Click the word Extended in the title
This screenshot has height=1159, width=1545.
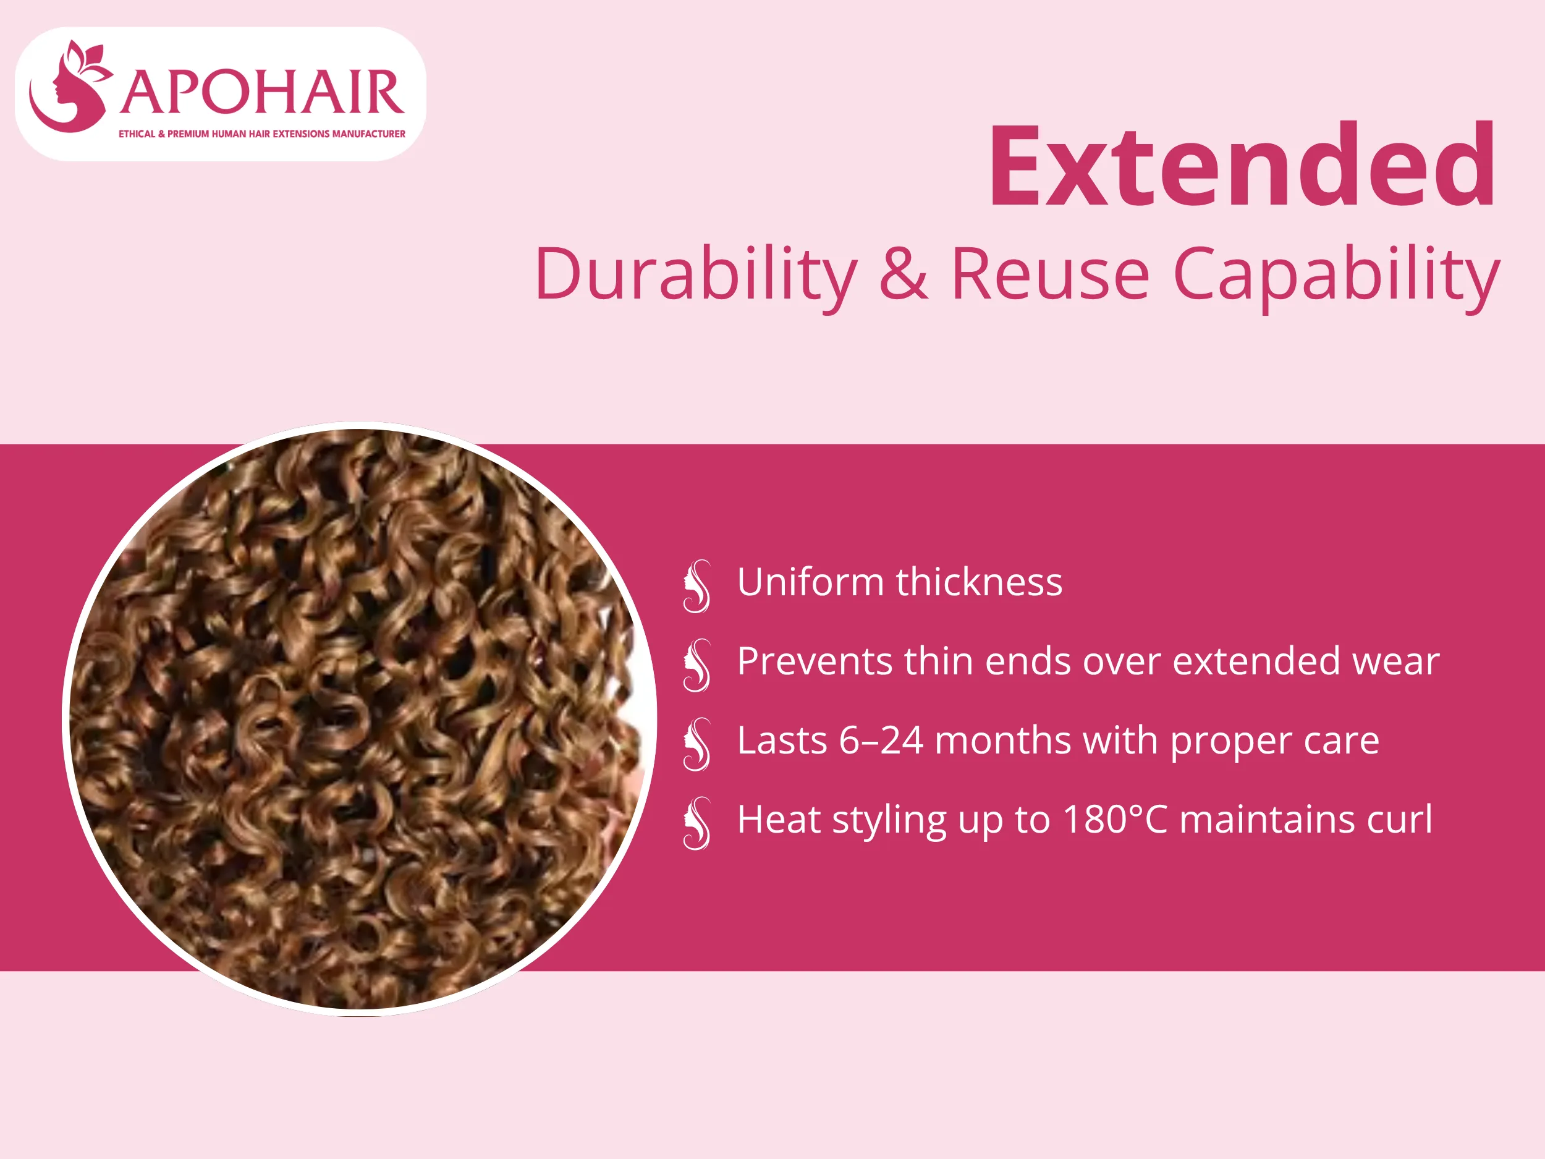(1242, 166)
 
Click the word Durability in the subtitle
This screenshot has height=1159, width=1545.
(696, 275)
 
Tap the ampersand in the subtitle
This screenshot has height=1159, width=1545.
(903, 274)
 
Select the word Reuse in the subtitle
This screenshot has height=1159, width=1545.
(1050, 274)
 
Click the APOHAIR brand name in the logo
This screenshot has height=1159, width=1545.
(262, 92)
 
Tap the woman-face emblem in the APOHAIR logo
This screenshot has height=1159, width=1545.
(70, 87)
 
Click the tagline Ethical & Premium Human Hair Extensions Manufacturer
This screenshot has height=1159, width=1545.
(262, 134)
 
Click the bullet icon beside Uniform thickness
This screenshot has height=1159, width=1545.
(697, 587)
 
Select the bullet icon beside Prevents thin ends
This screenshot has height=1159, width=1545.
(697, 666)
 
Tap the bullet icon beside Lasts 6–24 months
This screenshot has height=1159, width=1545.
(697, 745)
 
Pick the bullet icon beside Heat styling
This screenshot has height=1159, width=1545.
(697, 824)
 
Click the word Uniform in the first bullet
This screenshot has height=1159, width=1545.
(810, 582)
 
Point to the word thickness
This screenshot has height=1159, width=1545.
(980, 582)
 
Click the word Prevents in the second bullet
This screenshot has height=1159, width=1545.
(815, 661)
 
